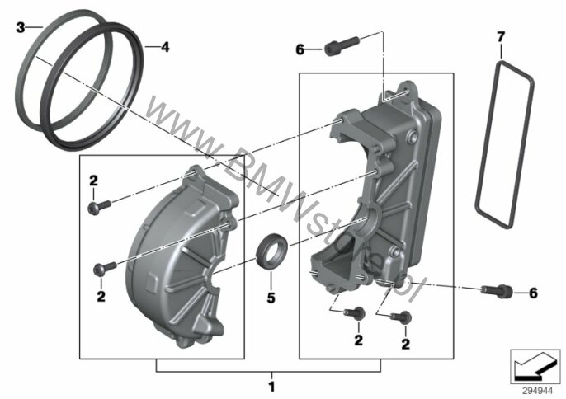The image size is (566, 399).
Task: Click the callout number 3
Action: tap(21, 27)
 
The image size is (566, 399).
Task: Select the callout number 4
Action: tap(165, 47)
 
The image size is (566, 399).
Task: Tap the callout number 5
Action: tap(271, 298)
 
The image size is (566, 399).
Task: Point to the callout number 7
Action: tap(501, 36)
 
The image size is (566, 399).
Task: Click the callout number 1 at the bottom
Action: tap(271, 387)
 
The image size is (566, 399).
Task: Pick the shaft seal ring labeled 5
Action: tap(271, 251)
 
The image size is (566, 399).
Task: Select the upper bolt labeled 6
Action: tap(342, 46)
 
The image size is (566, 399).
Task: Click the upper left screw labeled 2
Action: tap(99, 208)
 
